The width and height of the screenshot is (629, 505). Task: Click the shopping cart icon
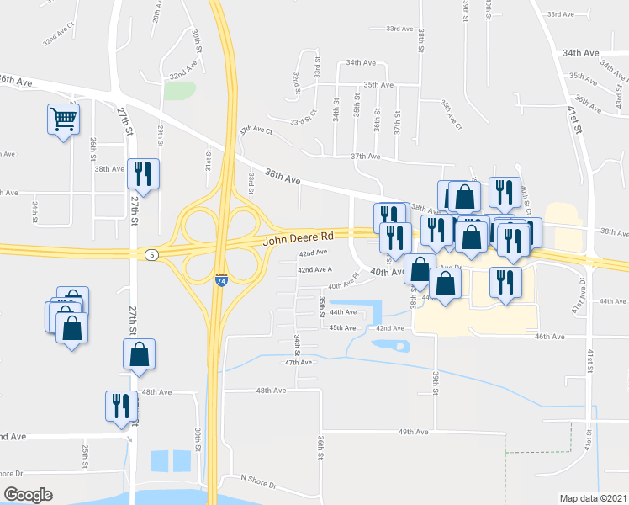click(x=63, y=120)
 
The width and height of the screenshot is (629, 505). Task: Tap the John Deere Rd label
click(x=299, y=238)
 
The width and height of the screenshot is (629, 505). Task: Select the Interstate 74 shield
click(x=221, y=281)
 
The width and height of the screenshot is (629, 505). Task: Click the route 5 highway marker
click(x=151, y=254)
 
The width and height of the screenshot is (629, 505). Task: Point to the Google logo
click(x=28, y=494)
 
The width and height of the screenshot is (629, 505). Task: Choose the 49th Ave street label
click(x=414, y=432)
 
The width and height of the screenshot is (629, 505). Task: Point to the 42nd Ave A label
click(x=315, y=269)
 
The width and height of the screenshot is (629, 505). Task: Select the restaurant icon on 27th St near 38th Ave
click(x=142, y=173)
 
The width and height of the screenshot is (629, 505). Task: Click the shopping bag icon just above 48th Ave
click(x=140, y=353)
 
